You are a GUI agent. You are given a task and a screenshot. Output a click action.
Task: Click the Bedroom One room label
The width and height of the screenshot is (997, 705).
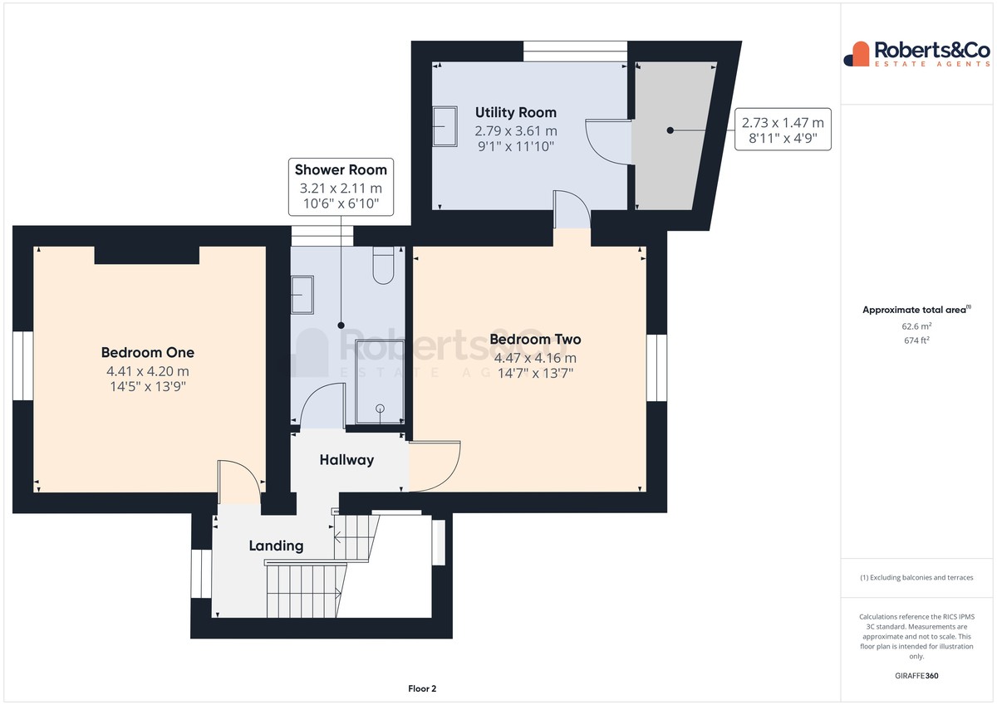click(148, 353)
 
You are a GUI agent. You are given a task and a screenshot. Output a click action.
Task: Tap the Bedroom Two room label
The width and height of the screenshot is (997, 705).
click(535, 340)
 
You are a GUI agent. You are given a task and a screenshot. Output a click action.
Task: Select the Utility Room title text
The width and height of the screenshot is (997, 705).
click(516, 113)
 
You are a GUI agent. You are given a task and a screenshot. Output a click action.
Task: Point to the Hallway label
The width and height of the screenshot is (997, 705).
click(346, 460)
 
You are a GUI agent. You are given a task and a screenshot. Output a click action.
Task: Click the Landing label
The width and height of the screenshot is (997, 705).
click(276, 546)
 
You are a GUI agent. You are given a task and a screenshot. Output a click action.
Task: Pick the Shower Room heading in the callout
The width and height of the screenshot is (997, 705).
click(341, 170)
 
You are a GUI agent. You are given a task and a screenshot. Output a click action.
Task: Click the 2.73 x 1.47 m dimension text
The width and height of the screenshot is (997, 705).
click(783, 122)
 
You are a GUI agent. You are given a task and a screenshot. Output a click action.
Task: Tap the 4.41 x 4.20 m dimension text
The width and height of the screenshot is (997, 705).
click(148, 371)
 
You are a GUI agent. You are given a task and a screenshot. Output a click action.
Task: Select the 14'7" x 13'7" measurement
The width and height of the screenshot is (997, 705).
click(535, 373)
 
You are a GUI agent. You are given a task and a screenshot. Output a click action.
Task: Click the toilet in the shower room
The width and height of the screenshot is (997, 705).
click(383, 266)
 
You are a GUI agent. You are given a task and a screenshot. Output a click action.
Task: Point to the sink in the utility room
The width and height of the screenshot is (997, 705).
click(445, 126)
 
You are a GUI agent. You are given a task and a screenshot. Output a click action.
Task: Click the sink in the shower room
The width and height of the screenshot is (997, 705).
click(302, 295)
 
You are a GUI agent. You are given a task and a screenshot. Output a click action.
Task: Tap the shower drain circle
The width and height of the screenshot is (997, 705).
click(381, 409)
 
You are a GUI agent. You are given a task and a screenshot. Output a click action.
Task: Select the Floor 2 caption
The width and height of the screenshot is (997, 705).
click(422, 688)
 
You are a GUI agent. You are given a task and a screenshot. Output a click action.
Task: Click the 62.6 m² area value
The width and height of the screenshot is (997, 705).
click(916, 326)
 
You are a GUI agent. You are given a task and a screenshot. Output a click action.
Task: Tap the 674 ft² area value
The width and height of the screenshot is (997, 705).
click(916, 340)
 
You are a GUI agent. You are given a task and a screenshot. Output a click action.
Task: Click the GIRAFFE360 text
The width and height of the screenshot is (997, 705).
click(916, 676)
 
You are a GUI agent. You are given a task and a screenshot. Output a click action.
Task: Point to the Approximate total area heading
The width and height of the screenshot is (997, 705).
click(916, 310)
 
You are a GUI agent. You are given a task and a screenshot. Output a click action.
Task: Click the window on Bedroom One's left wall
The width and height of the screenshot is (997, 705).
click(22, 365)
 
